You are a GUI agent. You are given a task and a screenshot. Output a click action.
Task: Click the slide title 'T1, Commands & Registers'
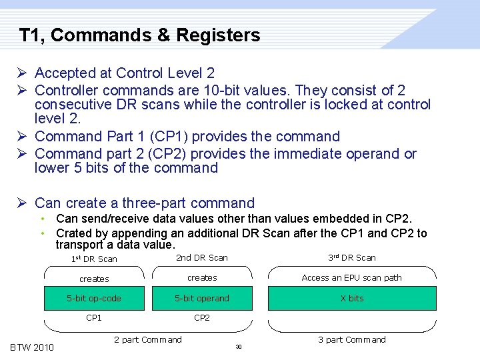click(139, 35)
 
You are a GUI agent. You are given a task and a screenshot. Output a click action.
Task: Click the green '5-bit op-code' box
click(94, 298)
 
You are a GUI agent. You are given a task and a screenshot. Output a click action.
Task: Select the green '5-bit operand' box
click(202, 298)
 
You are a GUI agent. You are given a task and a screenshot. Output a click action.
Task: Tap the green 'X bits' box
click(352, 298)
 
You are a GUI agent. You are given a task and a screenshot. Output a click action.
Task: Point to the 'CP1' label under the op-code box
click(94, 318)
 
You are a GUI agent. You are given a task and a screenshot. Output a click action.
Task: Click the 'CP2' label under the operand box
click(202, 318)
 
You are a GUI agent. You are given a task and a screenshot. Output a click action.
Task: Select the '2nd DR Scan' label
click(201, 258)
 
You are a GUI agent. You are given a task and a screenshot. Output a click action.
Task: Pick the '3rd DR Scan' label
click(351, 258)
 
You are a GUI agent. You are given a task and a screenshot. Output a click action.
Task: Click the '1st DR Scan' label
click(94, 259)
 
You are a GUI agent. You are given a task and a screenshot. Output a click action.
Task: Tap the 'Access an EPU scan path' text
click(351, 278)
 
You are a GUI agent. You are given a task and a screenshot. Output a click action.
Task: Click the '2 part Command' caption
click(147, 340)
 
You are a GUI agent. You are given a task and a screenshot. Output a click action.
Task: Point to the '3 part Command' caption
click(351, 340)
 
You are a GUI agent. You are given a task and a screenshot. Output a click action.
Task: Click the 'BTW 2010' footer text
click(32, 347)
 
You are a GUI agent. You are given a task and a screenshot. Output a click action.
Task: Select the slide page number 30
click(239, 347)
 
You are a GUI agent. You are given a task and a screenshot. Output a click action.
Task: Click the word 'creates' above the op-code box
click(94, 279)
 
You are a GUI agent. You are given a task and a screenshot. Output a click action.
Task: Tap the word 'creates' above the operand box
click(202, 278)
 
